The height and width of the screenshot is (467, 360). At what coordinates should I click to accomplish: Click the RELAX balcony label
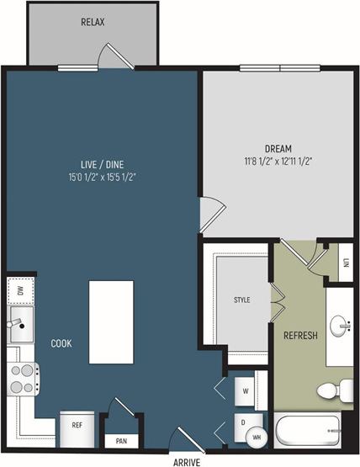(x=93, y=22)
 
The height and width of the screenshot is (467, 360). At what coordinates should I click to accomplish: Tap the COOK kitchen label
(x=61, y=343)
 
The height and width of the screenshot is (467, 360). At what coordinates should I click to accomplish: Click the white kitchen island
(x=111, y=322)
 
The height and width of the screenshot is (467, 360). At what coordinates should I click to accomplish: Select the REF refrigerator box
(x=77, y=425)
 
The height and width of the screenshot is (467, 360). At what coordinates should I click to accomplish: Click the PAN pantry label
(x=121, y=440)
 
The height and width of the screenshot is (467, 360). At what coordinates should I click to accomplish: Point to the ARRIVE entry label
(x=186, y=461)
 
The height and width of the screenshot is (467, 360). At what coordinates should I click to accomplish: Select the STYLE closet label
(x=241, y=300)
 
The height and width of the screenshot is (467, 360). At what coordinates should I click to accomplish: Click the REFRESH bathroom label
(x=300, y=336)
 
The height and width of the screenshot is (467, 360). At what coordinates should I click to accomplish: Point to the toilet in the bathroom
(x=336, y=390)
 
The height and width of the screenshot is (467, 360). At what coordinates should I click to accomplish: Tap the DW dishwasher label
(x=19, y=291)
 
